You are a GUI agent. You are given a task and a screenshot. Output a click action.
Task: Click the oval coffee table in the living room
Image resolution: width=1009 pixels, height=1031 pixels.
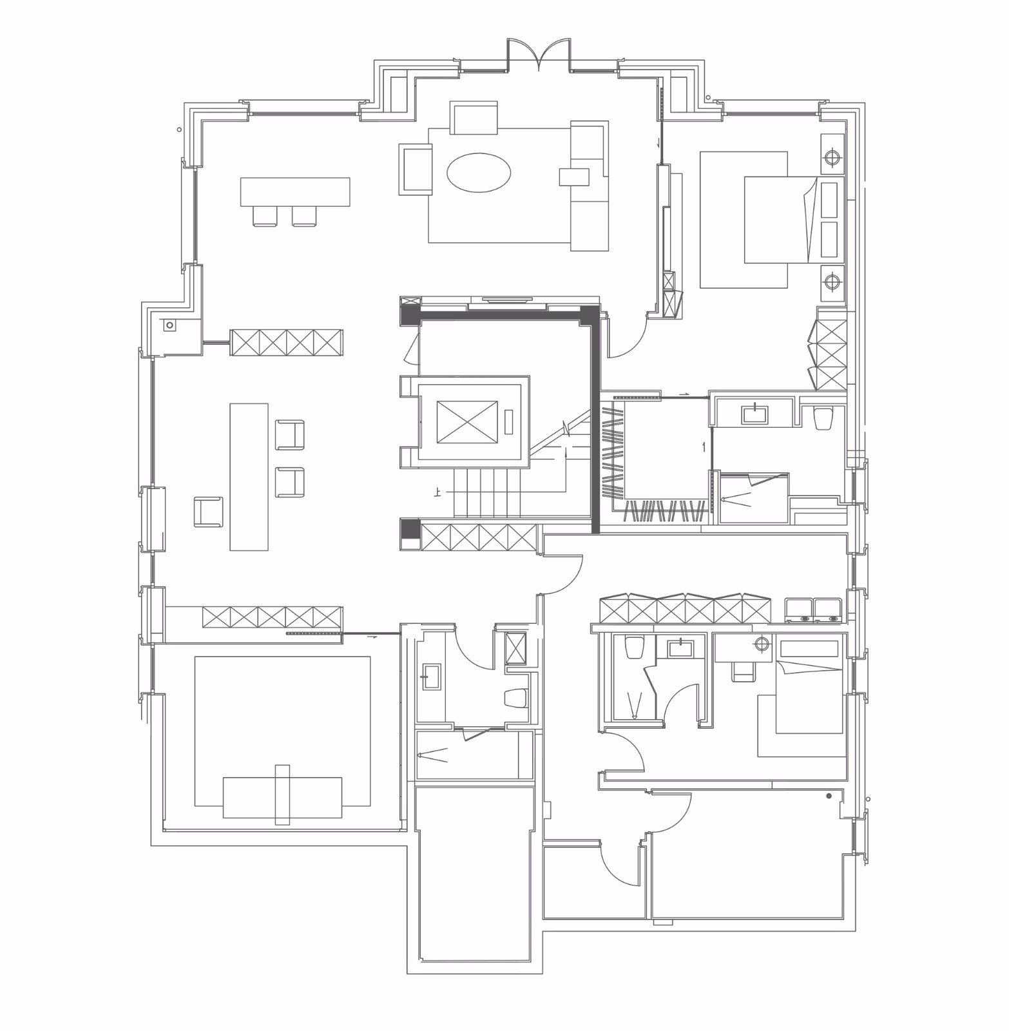coord(479,173)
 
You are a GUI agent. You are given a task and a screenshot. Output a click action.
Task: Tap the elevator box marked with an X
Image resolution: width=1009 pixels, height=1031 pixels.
coord(467,422)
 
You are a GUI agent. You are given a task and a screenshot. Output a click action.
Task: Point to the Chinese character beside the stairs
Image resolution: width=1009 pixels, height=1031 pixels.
coord(438,494)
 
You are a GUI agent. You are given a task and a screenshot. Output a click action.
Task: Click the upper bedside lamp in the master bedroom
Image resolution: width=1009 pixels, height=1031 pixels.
coord(832,157)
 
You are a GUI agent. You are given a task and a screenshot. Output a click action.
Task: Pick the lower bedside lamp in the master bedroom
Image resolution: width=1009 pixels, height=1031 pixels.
coord(832,282)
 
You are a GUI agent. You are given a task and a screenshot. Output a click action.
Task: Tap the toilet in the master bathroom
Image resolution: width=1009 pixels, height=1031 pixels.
coord(823,418)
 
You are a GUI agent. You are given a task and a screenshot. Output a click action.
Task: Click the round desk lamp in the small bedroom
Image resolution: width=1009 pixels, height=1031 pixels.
coord(763,643)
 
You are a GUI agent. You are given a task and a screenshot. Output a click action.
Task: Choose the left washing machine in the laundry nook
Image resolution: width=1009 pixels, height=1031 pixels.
coord(799,611)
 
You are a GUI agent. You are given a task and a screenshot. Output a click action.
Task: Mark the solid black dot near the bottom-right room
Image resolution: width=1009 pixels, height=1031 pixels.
coord(829,796)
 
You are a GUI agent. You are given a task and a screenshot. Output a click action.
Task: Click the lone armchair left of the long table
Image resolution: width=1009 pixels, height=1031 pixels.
coord(208,512)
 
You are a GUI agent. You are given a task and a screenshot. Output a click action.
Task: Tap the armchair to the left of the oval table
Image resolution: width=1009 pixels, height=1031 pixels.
coord(416,169)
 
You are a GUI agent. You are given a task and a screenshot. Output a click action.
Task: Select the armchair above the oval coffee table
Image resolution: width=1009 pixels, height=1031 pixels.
coord(474,118)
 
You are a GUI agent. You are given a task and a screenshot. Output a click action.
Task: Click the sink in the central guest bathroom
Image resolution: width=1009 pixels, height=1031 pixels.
coord(430,677)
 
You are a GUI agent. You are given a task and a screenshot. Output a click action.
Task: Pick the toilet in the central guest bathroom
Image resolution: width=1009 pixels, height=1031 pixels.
coord(515,697)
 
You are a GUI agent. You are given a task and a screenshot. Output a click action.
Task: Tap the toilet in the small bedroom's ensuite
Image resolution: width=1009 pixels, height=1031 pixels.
coord(635,648)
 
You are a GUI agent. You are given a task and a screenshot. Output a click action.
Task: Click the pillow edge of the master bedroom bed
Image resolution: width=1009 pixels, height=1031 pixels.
coord(810,220)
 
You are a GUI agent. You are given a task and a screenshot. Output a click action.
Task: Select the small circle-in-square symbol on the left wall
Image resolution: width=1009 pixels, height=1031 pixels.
coord(170,325)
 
